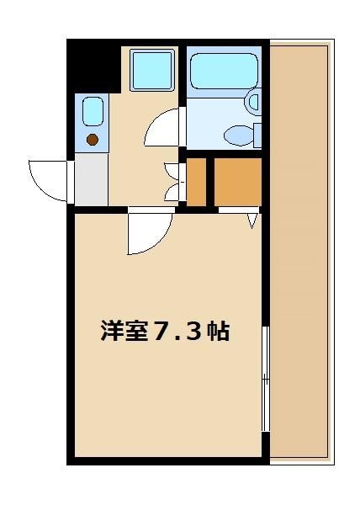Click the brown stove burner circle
click(93, 140)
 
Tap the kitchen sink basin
click(93, 111)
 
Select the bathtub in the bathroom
click(224, 72)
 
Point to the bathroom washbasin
click(253, 102)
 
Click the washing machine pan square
click(152, 70)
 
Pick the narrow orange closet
click(196, 182)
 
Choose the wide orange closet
click(238, 182)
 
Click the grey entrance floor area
click(92, 179)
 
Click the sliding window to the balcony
click(266, 379)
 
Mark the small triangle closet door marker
click(252, 221)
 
